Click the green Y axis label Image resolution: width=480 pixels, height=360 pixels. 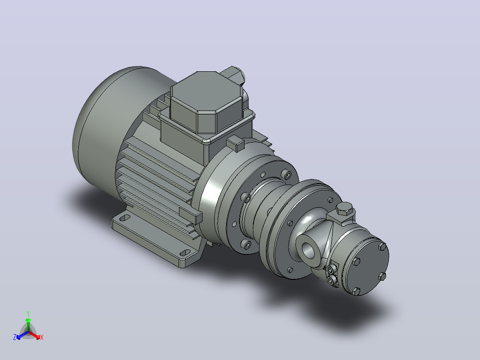click(28, 313)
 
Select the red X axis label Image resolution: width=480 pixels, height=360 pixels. click(42, 337)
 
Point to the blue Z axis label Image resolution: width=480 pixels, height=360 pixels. click(15, 337)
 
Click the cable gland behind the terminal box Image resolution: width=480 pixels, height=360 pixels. click(234, 75)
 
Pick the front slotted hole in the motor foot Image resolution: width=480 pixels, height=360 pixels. click(185, 253)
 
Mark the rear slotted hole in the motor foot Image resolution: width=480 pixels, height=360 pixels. click(125, 218)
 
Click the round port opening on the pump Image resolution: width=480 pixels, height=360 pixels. click(309, 250)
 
